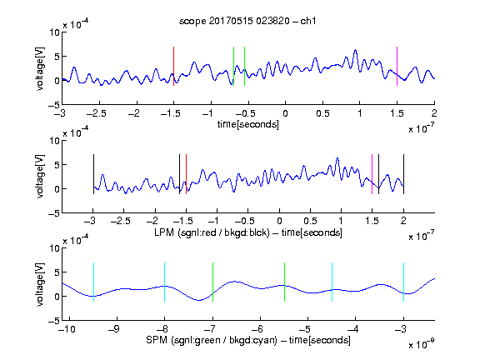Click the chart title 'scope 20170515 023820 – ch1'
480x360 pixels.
[247, 21]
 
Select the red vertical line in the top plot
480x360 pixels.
[173, 66]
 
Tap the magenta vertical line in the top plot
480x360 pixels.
[397, 66]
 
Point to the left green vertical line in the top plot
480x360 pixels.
[233, 66]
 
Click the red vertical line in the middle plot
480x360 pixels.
[186, 174]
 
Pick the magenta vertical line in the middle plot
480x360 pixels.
[372, 174]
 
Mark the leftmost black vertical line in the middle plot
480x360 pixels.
[93, 174]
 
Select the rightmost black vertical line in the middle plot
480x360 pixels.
[403, 174]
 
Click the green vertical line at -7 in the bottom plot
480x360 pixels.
[212, 282]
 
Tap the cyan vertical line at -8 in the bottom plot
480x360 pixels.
[165, 282]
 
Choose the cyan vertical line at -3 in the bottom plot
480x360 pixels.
[403, 282]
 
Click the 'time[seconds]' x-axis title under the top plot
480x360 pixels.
[248, 124]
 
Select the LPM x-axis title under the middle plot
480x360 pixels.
[248, 232]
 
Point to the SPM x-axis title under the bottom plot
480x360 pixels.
[248, 340]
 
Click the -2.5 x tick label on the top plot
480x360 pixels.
[97, 113]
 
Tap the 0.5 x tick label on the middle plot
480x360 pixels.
[310, 221]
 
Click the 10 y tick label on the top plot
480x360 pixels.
[55, 32]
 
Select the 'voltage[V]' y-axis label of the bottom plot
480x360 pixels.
[40, 284]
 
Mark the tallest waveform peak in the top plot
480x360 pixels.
[355, 50]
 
